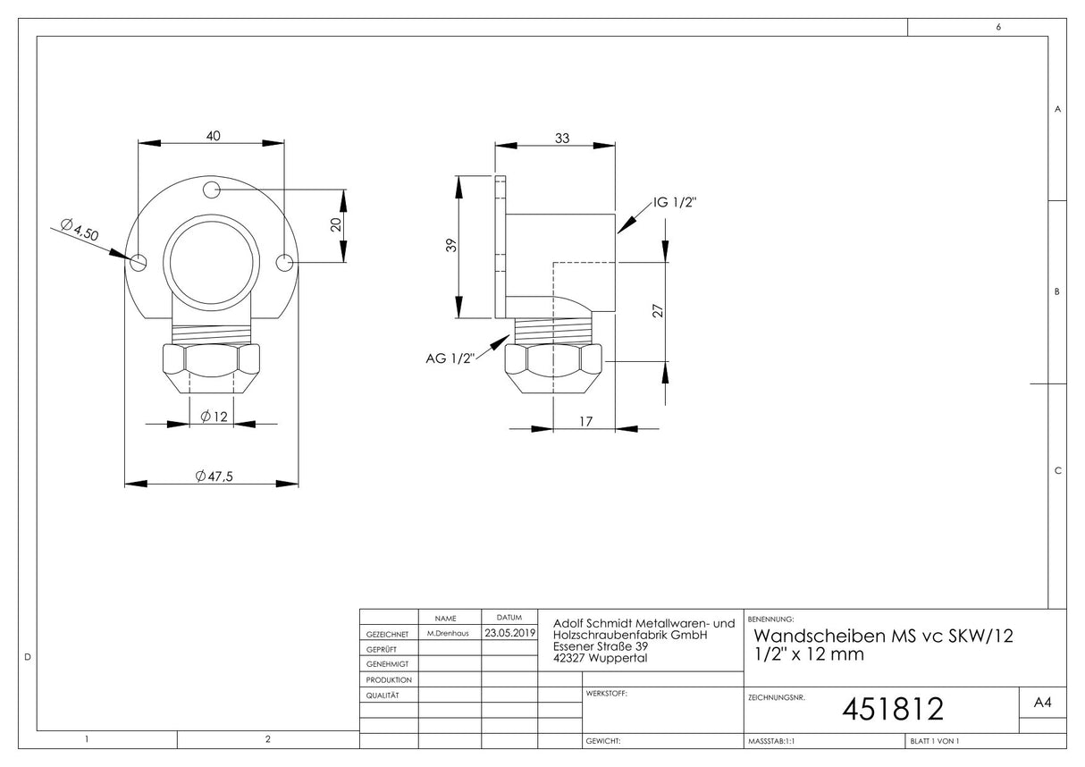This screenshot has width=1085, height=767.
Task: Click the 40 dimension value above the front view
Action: click(213, 136)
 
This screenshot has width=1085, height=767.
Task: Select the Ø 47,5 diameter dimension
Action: click(214, 476)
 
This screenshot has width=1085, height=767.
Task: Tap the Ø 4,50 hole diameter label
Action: click(80, 230)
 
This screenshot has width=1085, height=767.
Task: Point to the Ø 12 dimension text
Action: click(214, 417)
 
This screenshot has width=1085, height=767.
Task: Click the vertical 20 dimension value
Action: click(336, 224)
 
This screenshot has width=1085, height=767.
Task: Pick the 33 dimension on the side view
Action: click(562, 138)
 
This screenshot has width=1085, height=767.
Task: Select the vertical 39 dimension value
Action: click(451, 245)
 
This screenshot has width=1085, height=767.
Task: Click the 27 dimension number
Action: click(658, 310)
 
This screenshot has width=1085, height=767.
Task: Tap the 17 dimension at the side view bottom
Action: click(585, 422)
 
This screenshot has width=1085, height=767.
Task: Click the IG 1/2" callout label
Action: click(675, 202)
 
